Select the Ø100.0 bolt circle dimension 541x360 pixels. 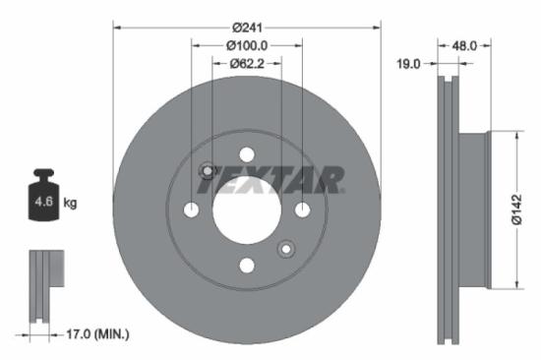pyautogui.click(x=247, y=45)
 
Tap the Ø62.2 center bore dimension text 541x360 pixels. pyautogui.click(x=247, y=64)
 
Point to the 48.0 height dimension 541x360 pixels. pyautogui.click(x=464, y=45)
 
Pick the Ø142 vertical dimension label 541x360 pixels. pyautogui.click(x=515, y=210)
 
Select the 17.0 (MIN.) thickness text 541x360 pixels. pyautogui.click(x=89, y=334)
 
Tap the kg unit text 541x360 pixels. pyautogui.click(x=71, y=204)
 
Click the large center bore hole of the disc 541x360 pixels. pyautogui.click(x=247, y=210)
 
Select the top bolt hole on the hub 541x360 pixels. pyautogui.click(x=247, y=154)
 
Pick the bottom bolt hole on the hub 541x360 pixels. pyautogui.click(x=247, y=265)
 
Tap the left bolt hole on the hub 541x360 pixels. pyautogui.click(x=192, y=210)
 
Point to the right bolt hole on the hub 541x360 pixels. pyautogui.click(x=302, y=210)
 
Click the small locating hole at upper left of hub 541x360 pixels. pyautogui.click(x=208, y=171)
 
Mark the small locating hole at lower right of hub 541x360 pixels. pyautogui.click(x=286, y=248)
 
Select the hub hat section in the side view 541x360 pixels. pyautogui.click(x=473, y=210)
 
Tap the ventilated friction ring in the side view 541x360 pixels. pyautogui.click(x=448, y=210)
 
